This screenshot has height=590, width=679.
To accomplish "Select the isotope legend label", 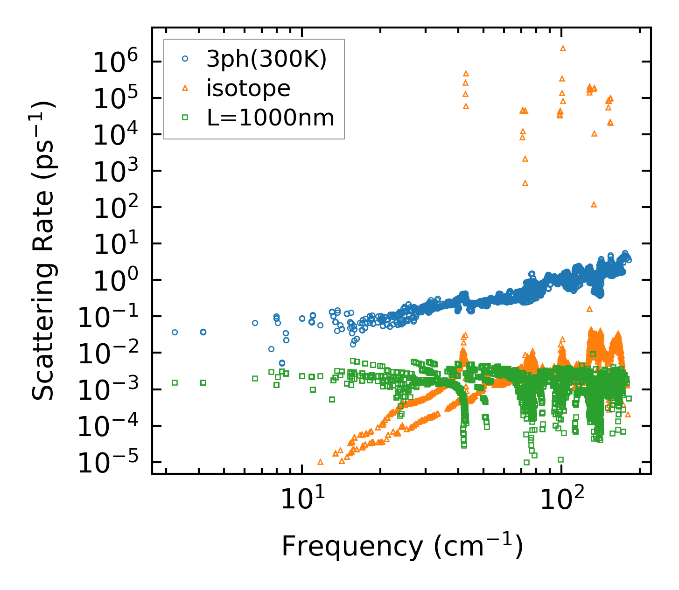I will (x=248, y=88).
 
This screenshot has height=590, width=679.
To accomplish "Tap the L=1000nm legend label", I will (x=270, y=118).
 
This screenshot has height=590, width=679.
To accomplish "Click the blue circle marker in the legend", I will (x=185, y=59).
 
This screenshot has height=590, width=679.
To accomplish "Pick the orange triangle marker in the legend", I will (x=185, y=88).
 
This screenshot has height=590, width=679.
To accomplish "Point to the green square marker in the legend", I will (x=185, y=118).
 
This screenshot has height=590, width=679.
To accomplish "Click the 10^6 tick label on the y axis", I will (x=112, y=62).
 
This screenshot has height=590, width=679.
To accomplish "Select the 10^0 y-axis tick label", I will (x=112, y=280).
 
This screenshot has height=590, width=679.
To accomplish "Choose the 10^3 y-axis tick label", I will (x=112, y=171).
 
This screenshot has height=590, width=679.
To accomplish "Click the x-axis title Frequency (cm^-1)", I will (x=402, y=545).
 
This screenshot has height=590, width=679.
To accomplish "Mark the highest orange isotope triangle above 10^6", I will (x=563, y=48).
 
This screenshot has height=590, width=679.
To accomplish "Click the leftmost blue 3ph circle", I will (x=175, y=332).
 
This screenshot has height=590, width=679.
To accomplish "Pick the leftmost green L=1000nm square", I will (x=175, y=382).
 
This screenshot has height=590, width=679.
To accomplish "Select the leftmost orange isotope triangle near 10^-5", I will (x=320, y=462).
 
